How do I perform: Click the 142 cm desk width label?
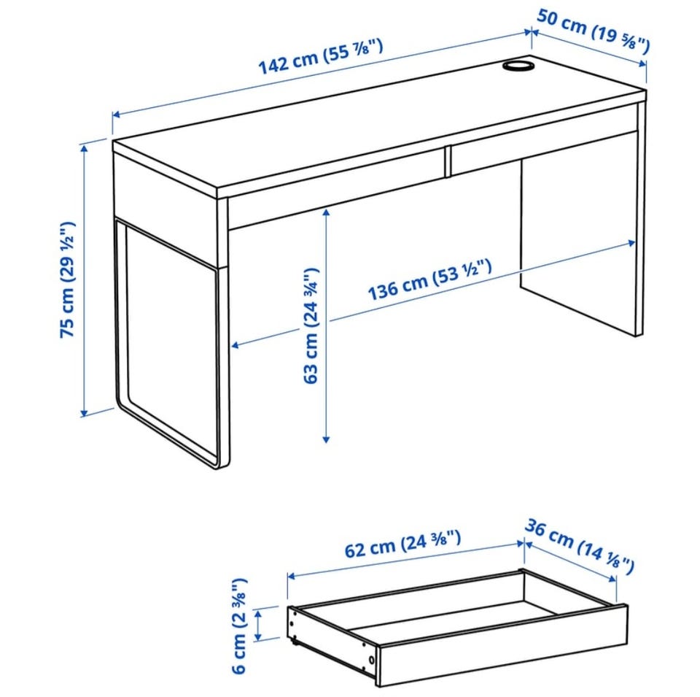pyautogui.click(x=321, y=56)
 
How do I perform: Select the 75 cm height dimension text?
pyautogui.click(x=69, y=280)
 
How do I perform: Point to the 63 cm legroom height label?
pyautogui.click(x=311, y=326)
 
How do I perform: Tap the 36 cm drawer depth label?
pyautogui.click(x=579, y=545)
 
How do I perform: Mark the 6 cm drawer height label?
pyautogui.click(x=239, y=625)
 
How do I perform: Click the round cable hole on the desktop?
pyautogui.click(x=518, y=65)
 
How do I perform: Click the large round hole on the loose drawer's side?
pyautogui.click(x=371, y=660)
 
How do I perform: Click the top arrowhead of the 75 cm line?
pyautogui.click(x=84, y=148)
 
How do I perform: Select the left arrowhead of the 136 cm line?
pyautogui.click(x=236, y=345)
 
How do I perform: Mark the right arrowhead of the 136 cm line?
pyautogui.click(x=631, y=243)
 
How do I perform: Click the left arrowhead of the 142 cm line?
pyautogui.click(x=117, y=115)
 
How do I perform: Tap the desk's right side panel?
pyautogui.click(x=580, y=242)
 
